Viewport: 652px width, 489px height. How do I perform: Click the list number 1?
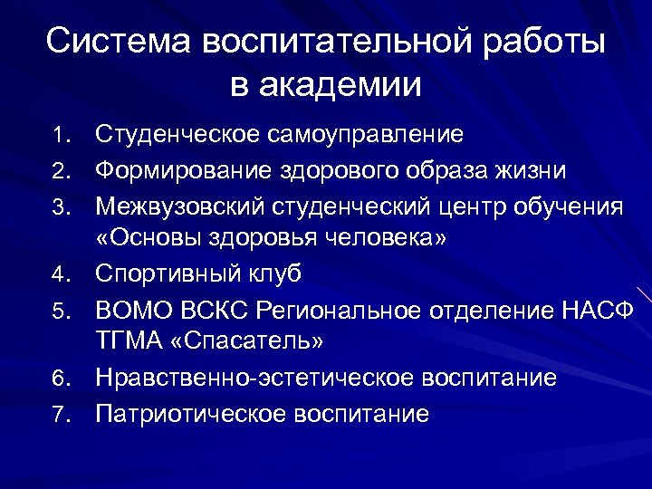point(59,136)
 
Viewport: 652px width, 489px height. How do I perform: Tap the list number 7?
point(59,416)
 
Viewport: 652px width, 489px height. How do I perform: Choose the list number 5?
point(59,311)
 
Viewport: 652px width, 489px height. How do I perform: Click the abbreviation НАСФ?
point(595,310)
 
